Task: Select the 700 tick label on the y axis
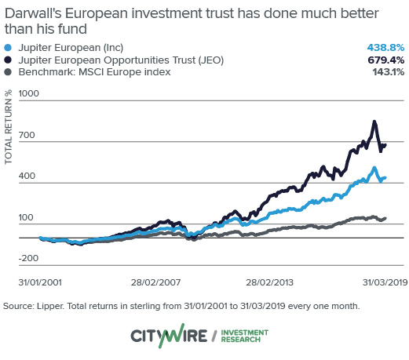[x=28, y=136]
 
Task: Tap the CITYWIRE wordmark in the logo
[x=169, y=336]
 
